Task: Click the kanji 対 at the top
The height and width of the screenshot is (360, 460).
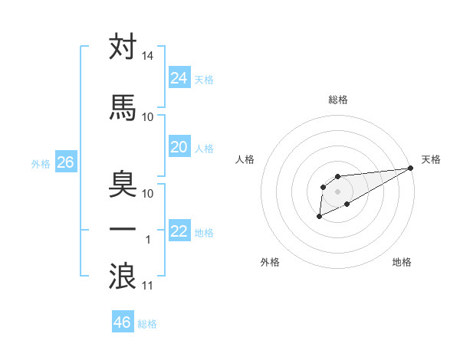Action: coord(123,47)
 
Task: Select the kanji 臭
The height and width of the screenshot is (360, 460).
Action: coord(123,184)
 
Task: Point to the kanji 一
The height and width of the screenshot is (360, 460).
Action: coord(123,230)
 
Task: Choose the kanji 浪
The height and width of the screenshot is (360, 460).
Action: coord(123,276)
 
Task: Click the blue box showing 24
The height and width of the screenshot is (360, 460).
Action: coord(179,77)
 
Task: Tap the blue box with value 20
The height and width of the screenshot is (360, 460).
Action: coord(179,147)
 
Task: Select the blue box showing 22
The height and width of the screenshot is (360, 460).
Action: coord(179,231)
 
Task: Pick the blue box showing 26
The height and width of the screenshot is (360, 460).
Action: coord(65,162)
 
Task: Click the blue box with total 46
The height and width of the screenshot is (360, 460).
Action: coord(123,322)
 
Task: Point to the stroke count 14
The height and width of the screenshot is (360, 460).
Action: coord(147,57)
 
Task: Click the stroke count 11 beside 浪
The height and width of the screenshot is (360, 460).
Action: coord(148,286)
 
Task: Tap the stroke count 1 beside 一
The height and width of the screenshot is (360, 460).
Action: coord(148,241)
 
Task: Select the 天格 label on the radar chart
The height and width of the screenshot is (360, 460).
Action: coord(431,159)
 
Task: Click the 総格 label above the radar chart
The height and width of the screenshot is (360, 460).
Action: coord(337,100)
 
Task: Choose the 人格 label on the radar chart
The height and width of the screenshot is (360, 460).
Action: coord(245,159)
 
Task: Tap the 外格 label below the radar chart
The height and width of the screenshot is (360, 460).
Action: coord(270,262)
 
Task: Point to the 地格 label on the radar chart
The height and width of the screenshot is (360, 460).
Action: coord(402,262)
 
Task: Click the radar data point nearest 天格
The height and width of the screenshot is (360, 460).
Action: coord(411,169)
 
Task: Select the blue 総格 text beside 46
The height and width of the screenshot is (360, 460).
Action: coord(147,324)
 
